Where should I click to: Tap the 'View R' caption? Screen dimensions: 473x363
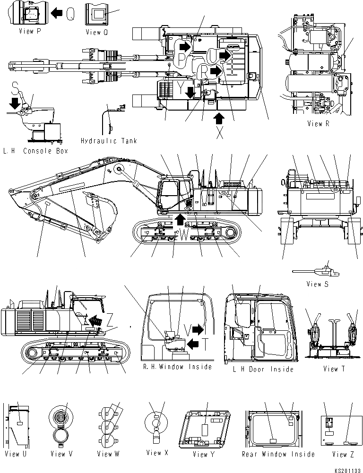pos(321,124)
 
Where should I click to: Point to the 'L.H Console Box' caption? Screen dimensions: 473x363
pos(35,151)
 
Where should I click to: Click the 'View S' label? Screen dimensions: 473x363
pos(317,284)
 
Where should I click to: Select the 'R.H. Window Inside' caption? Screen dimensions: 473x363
pos(177,367)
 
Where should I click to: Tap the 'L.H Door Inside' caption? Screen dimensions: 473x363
pos(263,369)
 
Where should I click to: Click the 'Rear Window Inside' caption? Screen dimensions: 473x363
pos(278,454)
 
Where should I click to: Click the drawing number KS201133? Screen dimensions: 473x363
pos(348,468)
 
